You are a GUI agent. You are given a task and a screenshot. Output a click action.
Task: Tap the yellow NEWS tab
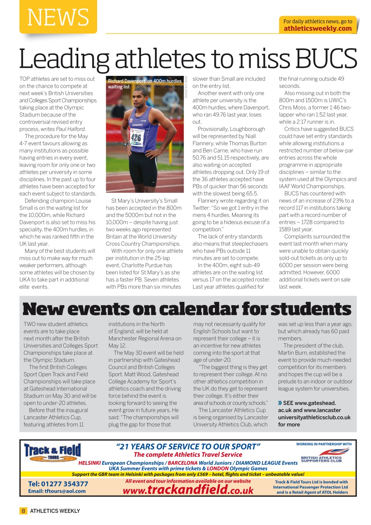pyautogui.click(x=58, y=17)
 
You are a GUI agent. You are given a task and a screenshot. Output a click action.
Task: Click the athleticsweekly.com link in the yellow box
pyautogui.click(x=318, y=28)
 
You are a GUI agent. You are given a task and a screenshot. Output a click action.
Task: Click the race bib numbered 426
pyautogui.click(x=136, y=138)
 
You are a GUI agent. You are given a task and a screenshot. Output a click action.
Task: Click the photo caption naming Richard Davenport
pyautogui.click(x=144, y=84)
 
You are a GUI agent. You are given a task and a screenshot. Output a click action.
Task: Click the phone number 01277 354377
pyautogui.click(x=58, y=484)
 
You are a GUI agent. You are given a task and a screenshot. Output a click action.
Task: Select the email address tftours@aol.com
pyautogui.click(x=57, y=491)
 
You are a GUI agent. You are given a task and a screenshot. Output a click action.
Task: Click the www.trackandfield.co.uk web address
pyautogui.click(x=188, y=489)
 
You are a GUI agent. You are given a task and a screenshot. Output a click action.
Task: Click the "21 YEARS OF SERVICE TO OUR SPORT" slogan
pyautogui.click(x=188, y=446)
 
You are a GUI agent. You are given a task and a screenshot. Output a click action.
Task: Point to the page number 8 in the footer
pyautogui.click(x=23, y=511)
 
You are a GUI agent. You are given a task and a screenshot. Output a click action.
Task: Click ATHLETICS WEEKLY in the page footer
pyautogui.click(x=55, y=511)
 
